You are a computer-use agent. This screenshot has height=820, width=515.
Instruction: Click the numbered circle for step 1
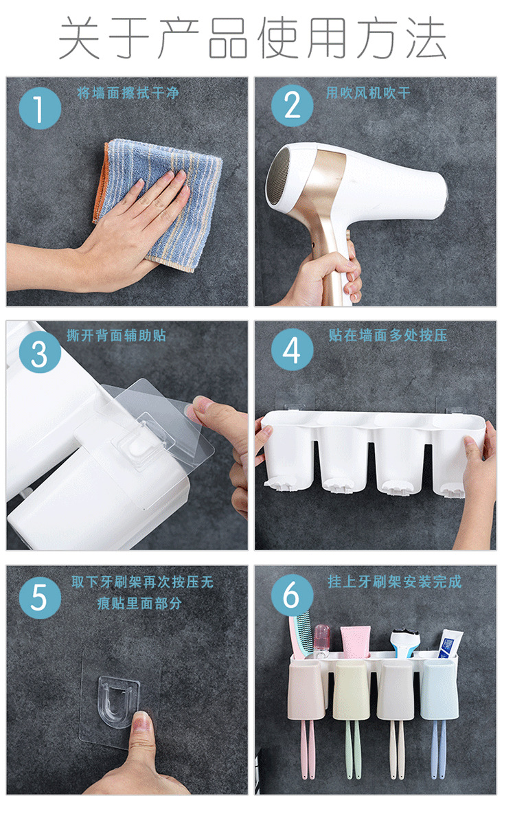coord(40,109)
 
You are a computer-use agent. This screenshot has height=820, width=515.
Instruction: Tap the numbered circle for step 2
coord(293,106)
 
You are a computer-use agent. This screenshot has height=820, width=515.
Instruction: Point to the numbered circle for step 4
coord(293,350)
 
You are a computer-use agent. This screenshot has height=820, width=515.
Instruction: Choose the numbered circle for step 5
coord(40,597)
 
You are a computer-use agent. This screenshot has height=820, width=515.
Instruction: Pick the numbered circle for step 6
coord(293,595)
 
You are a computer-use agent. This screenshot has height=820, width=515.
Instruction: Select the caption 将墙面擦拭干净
coord(128,93)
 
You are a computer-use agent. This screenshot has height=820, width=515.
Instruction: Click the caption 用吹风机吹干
coord(368,93)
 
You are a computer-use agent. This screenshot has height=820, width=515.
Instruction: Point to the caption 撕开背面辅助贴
coord(117,335)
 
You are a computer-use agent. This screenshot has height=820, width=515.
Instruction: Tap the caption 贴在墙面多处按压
coord(388,335)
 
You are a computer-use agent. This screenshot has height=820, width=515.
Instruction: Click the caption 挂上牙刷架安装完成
coord(395,582)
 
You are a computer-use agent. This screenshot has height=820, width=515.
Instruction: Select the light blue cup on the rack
coord(439,690)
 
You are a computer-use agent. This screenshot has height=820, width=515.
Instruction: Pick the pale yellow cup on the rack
coord(352,690)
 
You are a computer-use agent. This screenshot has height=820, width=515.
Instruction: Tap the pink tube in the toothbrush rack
coord(356,641)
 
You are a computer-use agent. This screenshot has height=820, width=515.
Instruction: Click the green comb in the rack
coord(301,635)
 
